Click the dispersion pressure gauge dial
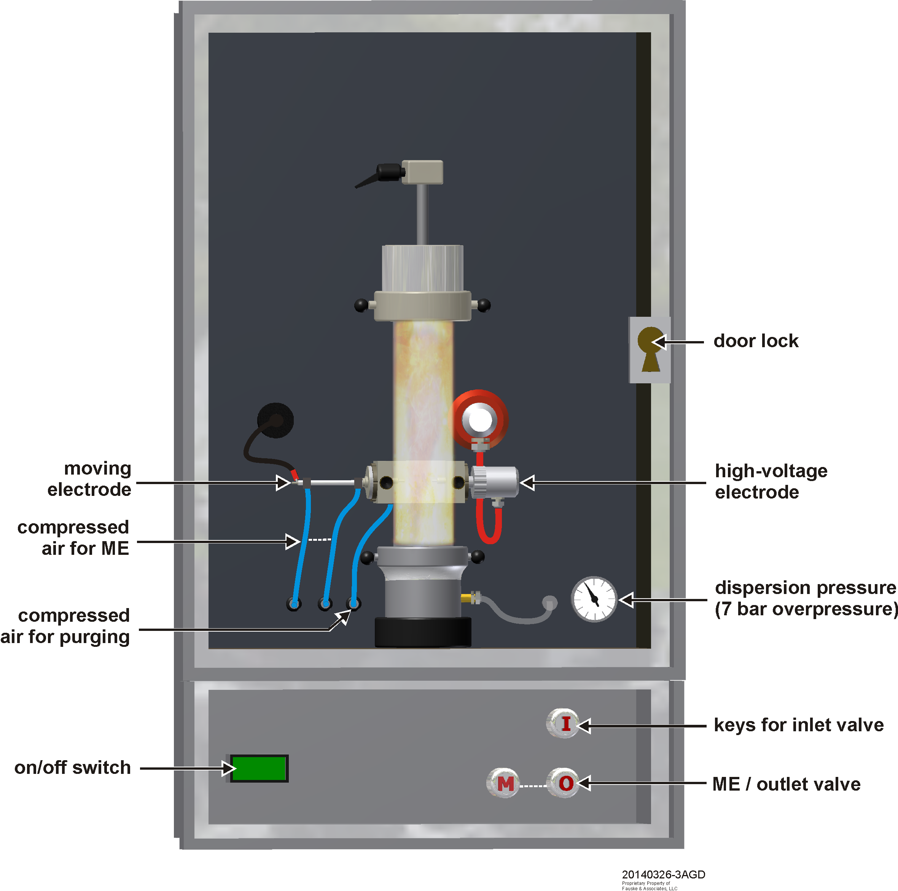pos(594,599)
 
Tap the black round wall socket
pos(275,420)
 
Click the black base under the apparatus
pos(423,631)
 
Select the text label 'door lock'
pos(756,341)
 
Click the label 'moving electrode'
pos(90,478)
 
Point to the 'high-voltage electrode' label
pos(771,481)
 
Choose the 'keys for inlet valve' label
pos(799,725)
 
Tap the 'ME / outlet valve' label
pos(787,784)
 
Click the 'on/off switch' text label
pos(73,767)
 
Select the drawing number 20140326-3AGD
pos(663,874)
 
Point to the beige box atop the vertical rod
pos(422,172)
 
